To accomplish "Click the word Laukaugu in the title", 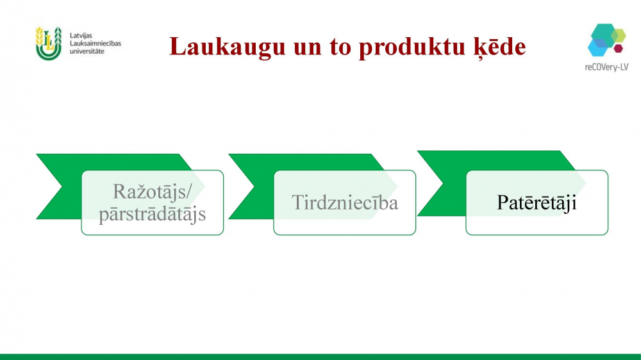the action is (x=228, y=47).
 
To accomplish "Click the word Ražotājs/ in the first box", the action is (x=153, y=192).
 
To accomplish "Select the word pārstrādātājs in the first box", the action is (x=152, y=214).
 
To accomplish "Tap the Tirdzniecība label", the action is (x=345, y=202).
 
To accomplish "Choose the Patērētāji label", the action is (x=537, y=203).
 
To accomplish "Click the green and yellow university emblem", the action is (x=48, y=44).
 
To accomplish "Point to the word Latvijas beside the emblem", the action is (x=81, y=36).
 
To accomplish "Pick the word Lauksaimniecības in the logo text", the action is (x=96, y=44).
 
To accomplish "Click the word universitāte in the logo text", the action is (x=87, y=51).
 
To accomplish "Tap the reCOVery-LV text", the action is (x=606, y=67).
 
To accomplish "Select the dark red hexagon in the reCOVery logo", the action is (x=618, y=48).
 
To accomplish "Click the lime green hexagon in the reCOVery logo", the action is (x=619, y=35).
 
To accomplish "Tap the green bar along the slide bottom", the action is (x=320, y=357).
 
